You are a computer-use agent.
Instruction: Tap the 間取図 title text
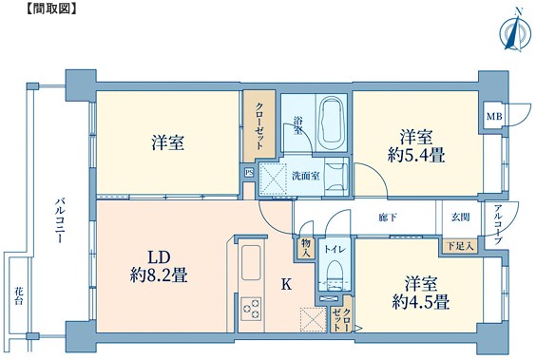pyautogui.click(x=51, y=9)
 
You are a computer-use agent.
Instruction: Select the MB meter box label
pyautogui.click(x=494, y=117)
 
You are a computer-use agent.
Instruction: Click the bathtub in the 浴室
pyautogui.click(x=331, y=123)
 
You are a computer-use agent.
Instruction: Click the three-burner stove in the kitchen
pyautogui.click(x=251, y=309)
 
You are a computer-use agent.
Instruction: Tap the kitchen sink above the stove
pyautogui.click(x=251, y=263)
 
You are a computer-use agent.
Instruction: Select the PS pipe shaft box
pyautogui.click(x=249, y=173)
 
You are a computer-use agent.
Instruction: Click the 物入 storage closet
pyautogui.click(x=306, y=248)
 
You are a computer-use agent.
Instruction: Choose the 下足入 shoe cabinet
pyautogui.click(x=461, y=246)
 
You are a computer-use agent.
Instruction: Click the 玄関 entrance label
pyautogui.click(x=461, y=217)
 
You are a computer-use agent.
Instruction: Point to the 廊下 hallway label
pyautogui.click(x=388, y=217)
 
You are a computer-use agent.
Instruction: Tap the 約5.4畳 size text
pyautogui.click(x=416, y=156)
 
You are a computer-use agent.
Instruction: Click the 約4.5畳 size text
pyautogui.click(x=420, y=302)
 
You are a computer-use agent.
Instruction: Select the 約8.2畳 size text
pyautogui.click(x=159, y=275)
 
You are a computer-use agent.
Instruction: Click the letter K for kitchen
pyautogui.click(x=286, y=284)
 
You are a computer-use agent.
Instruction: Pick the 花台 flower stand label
pyautogui.click(x=19, y=295)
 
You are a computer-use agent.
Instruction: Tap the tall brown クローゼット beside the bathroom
pyautogui.click(x=259, y=126)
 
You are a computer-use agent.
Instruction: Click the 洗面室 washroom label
pyautogui.click(x=306, y=176)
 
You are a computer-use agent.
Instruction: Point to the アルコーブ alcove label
pyautogui.click(x=497, y=224)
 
